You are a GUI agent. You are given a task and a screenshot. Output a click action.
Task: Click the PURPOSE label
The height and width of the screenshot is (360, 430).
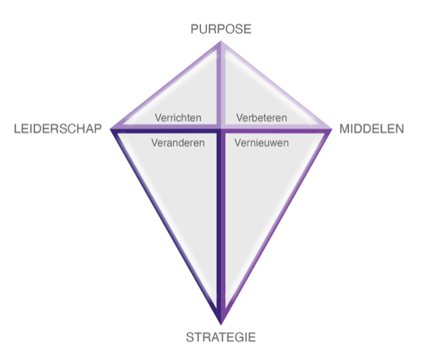pos(221,29)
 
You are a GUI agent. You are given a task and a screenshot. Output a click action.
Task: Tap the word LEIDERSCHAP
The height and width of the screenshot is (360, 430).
pos(58,129)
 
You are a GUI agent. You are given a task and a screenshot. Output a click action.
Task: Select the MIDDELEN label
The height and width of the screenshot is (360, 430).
pos(372,129)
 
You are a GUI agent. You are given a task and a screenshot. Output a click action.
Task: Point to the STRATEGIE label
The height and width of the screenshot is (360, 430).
pos(221,337)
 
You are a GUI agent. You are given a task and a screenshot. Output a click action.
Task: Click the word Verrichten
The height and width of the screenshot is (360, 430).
pos(178,118)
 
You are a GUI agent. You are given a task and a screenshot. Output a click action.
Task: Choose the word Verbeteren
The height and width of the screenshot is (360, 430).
pos(261,118)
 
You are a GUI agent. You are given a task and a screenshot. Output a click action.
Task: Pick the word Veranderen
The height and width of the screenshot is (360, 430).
pos(178,143)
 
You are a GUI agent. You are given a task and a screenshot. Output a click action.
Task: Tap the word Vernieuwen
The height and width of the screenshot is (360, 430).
pos(261,143)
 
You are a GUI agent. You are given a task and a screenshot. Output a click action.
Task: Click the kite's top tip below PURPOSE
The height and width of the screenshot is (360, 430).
pos(221,41)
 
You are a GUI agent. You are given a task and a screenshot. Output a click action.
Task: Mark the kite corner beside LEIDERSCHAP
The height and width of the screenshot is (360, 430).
pos(111,129)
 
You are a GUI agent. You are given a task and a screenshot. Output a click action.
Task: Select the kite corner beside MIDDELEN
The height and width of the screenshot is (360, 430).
pos(332,129)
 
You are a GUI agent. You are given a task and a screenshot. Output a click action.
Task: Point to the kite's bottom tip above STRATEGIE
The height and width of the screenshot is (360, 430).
pos(221,324)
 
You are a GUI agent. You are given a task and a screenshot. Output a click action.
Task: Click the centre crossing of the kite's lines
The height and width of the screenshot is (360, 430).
pos(221,129)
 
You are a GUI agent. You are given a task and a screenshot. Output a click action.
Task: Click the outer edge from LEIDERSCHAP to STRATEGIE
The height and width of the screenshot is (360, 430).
pos(167,226)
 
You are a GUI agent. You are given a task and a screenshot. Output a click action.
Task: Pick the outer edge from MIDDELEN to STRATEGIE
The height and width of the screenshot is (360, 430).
pos(276,226)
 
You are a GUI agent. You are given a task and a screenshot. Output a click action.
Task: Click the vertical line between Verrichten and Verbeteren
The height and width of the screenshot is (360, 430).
pos(221,85)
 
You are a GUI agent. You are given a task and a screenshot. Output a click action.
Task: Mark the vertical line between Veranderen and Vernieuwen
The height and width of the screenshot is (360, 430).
pos(221,226)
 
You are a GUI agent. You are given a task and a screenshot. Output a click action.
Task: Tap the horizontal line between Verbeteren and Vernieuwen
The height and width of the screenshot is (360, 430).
pos(276,129)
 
